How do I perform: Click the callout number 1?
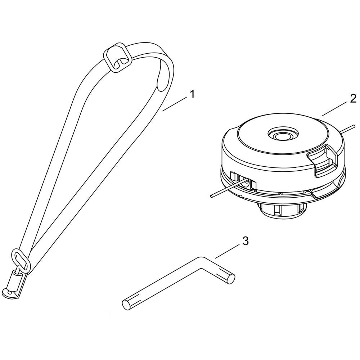[192, 94]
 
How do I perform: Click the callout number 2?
[353, 98]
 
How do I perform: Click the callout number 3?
[246, 241]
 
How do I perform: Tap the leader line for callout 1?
[175, 104]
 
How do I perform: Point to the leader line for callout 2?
[335, 110]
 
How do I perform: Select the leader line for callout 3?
[227, 252]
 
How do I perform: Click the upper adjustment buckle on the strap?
[118, 57]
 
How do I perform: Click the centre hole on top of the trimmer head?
[283, 135]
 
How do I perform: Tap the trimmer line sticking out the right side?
[348, 129]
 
